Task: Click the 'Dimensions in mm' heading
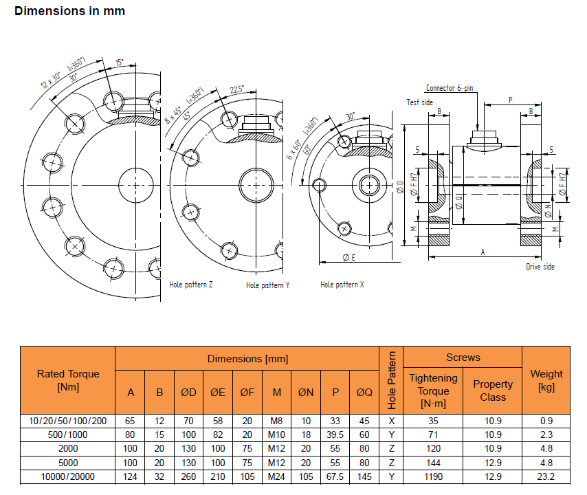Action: pos(69,11)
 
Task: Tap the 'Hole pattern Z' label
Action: pos(191,285)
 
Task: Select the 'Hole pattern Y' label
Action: pos(267,285)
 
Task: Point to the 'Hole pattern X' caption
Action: pos(342,285)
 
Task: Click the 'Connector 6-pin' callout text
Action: pos(450,88)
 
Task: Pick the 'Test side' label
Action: pos(420,102)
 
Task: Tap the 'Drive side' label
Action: pos(540,267)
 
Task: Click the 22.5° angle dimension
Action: pos(236,90)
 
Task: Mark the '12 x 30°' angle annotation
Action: pos(50,80)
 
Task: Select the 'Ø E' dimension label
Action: pos(349,257)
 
